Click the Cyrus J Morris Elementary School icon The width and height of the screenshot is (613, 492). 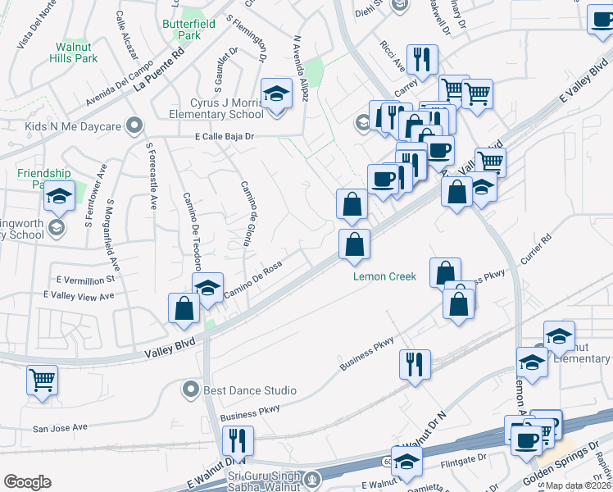pos(277,94)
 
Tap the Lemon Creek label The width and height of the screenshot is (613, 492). pos(384,276)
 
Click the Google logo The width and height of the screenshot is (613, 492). pos(27,482)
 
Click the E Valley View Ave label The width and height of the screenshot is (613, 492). pos(79,295)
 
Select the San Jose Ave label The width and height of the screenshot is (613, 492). pos(59,428)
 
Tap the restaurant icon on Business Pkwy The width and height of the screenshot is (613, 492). pos(415,362)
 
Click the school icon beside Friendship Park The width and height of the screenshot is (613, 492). pos(59,195)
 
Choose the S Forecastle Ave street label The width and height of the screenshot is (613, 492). pos(151,177)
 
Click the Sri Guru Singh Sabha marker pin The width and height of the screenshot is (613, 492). pos(311,479)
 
